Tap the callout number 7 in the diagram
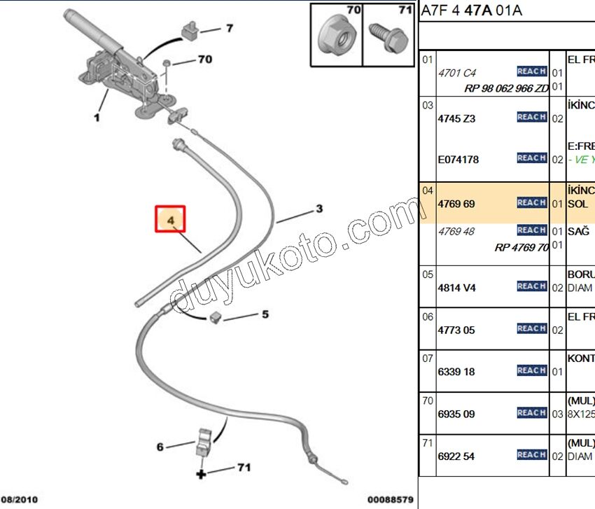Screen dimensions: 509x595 [229, 29]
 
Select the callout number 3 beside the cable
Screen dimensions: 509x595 [318, 209]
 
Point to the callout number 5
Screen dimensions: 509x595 [265, 314]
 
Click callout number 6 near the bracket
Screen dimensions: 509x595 [160, 446]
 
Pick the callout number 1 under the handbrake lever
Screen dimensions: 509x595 [97, 118]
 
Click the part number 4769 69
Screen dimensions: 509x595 [456, 204]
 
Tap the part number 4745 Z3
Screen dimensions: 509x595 [456, 118]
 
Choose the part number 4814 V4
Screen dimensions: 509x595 [456, 287]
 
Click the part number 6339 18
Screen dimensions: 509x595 [456, 372]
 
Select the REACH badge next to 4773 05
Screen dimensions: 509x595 [531, 328]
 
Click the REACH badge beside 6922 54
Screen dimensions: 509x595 [531, 455]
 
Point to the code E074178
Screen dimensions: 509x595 [458, 160]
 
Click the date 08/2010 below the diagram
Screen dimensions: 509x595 [19, 500]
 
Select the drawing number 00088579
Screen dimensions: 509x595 [391, 500]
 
